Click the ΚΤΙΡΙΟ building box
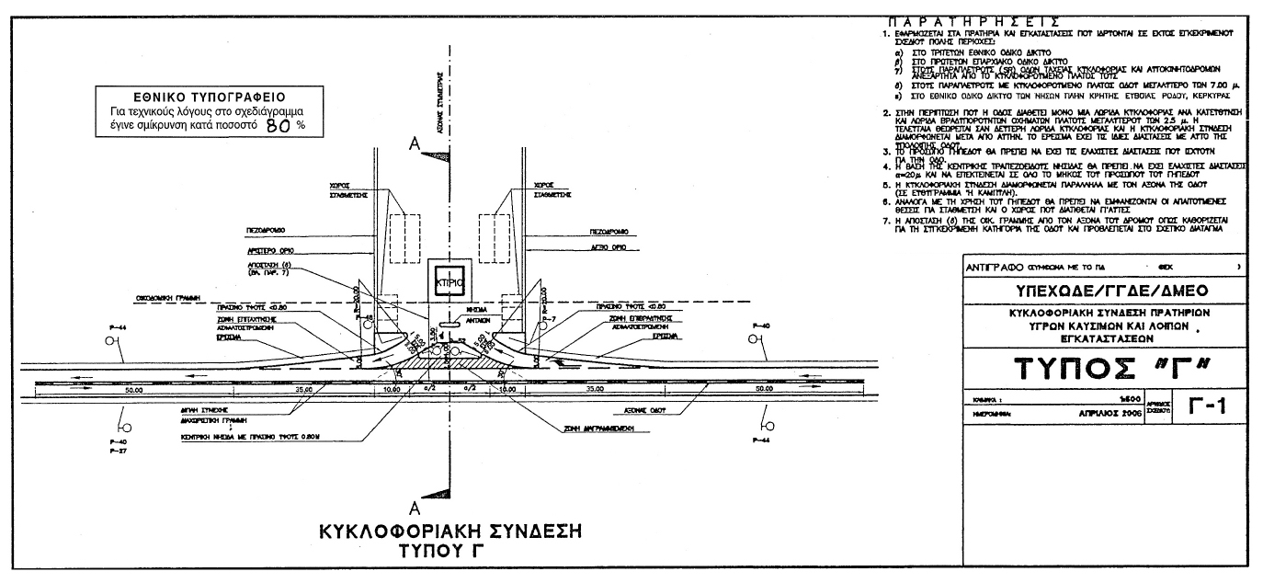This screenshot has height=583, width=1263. click(448, 280)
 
